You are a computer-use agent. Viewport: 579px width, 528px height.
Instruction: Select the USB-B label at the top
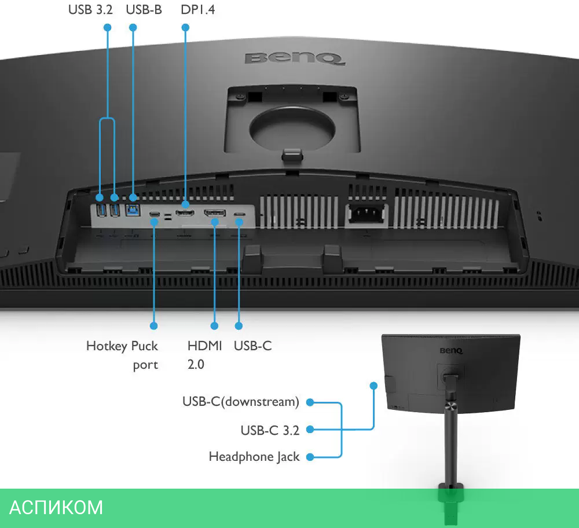(x=143, y=10)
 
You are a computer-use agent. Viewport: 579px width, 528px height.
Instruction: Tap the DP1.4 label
(x=197, y=10)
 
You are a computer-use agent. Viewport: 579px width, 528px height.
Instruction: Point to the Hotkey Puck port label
(x=122, y=355)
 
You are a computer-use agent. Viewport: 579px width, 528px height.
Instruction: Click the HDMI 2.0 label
(x=204, y=355)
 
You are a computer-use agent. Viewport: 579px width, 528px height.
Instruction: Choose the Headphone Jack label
(x=254, y=457)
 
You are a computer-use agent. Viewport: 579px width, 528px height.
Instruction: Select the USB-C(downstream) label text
(x=241, y=401)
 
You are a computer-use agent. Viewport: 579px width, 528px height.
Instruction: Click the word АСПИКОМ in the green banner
(x=56, y=507)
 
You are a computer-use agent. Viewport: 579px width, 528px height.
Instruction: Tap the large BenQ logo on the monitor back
(x=295, y=58)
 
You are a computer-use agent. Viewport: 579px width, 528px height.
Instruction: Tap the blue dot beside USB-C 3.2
(x=310, y=430)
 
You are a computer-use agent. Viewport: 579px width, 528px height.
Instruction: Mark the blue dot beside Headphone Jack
(x=310, y=457)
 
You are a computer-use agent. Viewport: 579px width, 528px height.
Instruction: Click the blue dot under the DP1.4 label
(x=185, y=27)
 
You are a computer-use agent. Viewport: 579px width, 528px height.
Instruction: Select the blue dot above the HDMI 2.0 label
(x=214, y=327)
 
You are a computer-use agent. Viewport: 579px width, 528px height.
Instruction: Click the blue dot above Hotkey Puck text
(x=154, y=327)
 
